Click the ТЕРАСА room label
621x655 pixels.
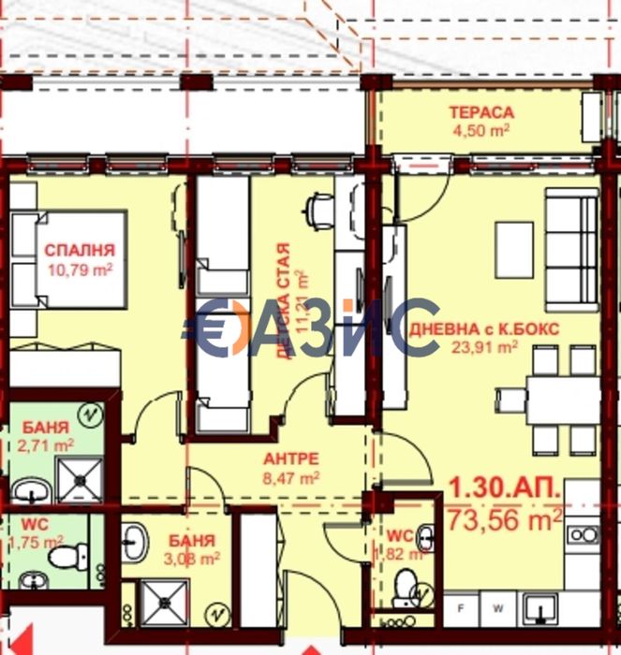pyautogui.click(x=482, y=113)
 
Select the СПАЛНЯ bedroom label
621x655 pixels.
pyautogui.click(x=80, y=250)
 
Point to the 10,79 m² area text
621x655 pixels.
pyautogui.click(x=80, y=269)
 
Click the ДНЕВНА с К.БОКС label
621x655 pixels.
pyautogui.click(x=485, y=328)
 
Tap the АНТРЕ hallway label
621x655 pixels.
pyautogui.click(x=291, y=458)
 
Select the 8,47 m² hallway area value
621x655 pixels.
pyautogui.click(x=291, y=476)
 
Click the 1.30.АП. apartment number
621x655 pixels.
pyautogui.click(x=506, y=488)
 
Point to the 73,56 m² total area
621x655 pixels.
pyautogui.click(x=506, y=516)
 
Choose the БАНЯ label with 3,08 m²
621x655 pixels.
pyautogui.click(x=193, y=541)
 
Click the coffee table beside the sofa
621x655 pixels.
pyautogui.click(x=513, y=250)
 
